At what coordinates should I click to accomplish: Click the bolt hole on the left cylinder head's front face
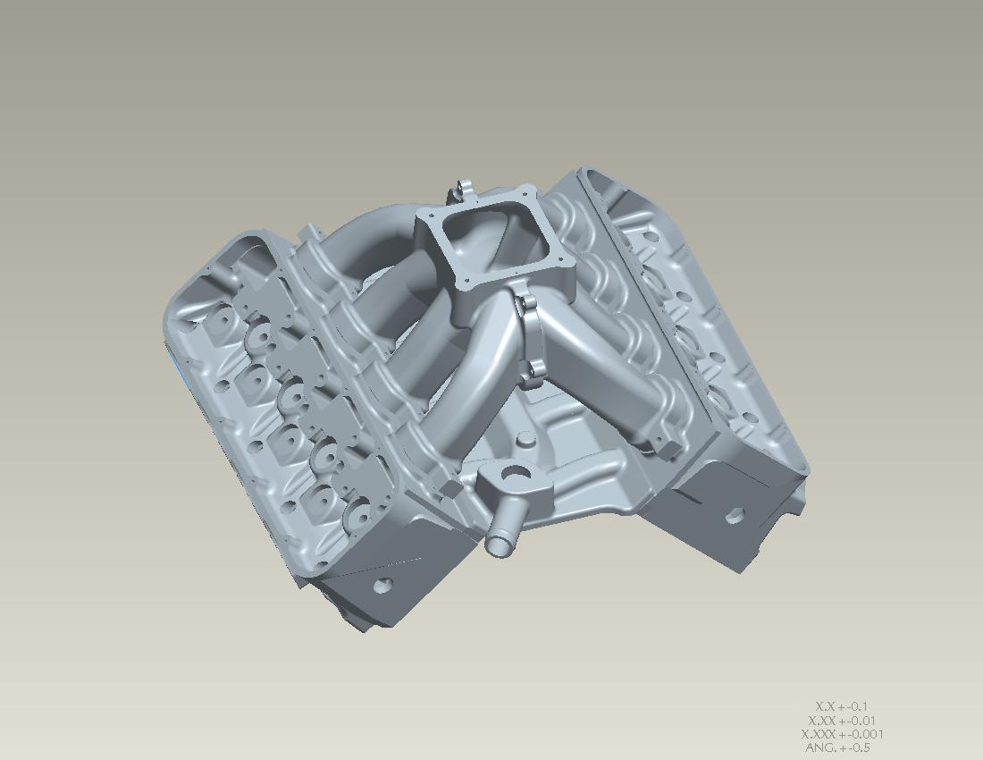pos(383,586)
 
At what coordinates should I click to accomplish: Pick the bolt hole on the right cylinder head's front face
pos(734,515)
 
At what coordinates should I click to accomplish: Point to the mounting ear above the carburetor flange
pos(463,189)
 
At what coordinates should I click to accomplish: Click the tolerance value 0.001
pos(864,734)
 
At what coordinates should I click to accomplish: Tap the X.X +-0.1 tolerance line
pos(841,706)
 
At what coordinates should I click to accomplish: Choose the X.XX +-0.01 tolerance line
pos(841,721)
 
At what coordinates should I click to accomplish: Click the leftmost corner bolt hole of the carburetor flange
pos(424,219)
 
